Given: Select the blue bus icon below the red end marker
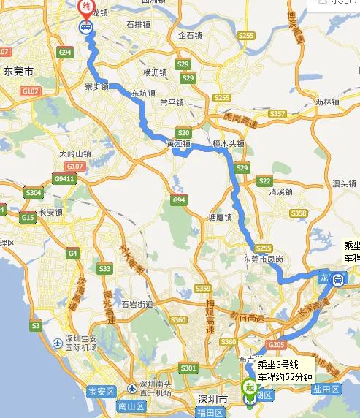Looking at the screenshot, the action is (x=86, y=28).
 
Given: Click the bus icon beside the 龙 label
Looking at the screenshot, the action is (x=339, y=278).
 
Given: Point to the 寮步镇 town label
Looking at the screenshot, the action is (x=96, y=86).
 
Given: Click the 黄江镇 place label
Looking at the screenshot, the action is (x=178, y=144).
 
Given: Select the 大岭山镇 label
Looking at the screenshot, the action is (x=75, y=154).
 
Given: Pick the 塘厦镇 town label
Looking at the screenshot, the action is (x=220, y=217).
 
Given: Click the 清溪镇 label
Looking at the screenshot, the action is (x=280, y=192).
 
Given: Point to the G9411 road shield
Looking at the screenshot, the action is (x=64, y=178).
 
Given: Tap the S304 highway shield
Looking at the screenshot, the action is (x=34, y=193).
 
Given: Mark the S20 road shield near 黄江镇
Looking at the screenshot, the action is (x=184, y=133).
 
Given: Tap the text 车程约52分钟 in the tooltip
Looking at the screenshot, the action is (x=280, y=376).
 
